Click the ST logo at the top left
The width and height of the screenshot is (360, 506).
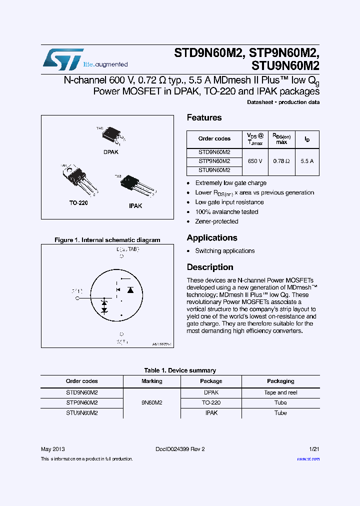(63, 59)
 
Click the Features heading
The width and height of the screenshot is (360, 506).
(204, 117)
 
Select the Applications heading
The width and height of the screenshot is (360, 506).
(212, 237)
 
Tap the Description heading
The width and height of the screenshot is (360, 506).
(210, 267)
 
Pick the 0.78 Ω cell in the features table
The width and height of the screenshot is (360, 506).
(281, 161)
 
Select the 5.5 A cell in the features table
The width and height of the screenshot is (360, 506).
(307, 161)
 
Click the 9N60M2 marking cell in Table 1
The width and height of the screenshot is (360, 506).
(151, 402)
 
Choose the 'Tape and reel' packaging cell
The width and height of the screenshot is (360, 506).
(280, 392)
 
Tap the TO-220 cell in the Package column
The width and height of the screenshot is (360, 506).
(211, 402)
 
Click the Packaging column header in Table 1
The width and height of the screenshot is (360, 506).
(280, 381)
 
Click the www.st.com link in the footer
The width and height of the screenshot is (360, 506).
(308, 459)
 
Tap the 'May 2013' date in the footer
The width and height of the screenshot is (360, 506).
(52, 449)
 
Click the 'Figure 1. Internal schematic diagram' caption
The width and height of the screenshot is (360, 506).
(107, 240)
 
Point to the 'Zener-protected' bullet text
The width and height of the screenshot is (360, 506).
(216, 221)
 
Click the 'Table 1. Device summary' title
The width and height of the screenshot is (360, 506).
(180, 370)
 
